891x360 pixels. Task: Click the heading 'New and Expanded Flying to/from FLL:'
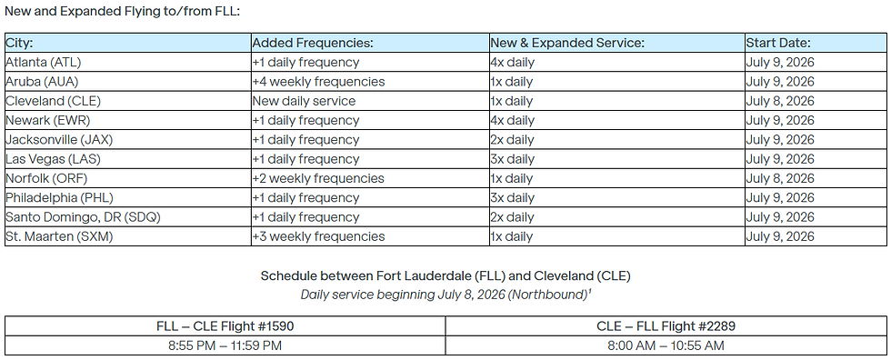pyautogui.click(x=123, y=11)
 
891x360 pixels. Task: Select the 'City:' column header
pyautogui.click(x=19, y=43)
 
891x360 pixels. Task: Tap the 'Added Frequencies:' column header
pyautogui.click(x=313, y=43)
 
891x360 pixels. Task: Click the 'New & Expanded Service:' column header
pyautogui.click(x=566, y=43)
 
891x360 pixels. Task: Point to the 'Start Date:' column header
pyautogui.click(x=778, y=43)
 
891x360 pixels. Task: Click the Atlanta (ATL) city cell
pyautogui.click(x=44, y=63)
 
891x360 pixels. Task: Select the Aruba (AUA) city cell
pyautogui.click(x=42, y=82)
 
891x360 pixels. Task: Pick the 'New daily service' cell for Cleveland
pyautogui.click(x=304, y=101)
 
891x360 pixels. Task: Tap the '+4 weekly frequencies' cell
pyautogui.click(x=318, y=82)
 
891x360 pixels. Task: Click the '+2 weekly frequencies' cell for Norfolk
pyautogui.click(x=318, y=178)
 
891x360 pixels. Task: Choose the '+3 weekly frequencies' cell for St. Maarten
pyautogui.click(x=318, y=236)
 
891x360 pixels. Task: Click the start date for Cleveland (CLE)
pyautogui.click(x=780, y=101)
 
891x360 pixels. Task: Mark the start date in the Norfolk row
pyautogui.click(x=780, y=178)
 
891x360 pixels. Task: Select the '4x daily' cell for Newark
pyautogui.click(x=513, y=120)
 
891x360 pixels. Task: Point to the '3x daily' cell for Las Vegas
pyautogui.click(x=513, y=159)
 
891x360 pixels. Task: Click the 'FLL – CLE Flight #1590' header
pyautogui.click(x=225, y=325)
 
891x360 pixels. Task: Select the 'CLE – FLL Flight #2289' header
pyautogui.click(x=666, y=325)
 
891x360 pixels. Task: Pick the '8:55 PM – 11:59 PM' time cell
pyautogui.click(x=225, y=345)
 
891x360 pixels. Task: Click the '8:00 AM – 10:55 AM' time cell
pyautogui.click(x=666, y=345)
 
